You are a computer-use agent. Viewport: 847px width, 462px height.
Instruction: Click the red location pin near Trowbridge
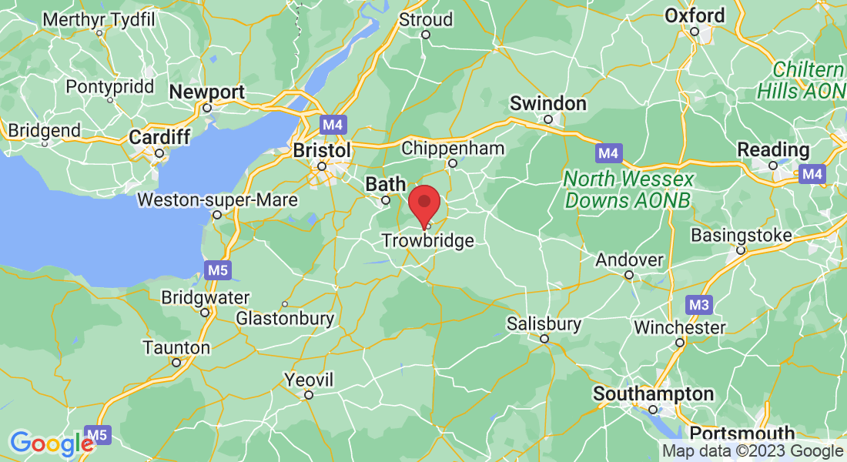coord(423,204)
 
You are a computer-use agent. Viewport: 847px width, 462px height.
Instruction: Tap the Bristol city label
coord(322,150)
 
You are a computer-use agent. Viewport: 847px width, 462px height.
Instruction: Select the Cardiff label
coord(159,137)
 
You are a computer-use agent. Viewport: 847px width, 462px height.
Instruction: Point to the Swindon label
coord(548,103)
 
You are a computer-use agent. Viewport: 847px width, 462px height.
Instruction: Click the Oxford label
coord(695,15)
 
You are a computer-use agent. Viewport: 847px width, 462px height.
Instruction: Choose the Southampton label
coord(653,394)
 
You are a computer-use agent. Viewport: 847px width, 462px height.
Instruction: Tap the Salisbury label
coord(544,323)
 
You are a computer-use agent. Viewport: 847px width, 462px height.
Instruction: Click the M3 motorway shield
coord(698,305)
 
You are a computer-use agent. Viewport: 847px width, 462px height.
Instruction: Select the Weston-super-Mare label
coord(216,200)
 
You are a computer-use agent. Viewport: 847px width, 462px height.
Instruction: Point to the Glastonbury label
coord(285,318)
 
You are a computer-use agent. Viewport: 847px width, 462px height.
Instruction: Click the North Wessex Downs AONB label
coord(628,189)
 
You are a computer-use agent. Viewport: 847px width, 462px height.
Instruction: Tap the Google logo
coord(52,444)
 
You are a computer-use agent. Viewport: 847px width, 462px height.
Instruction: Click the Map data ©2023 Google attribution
coord(752,451)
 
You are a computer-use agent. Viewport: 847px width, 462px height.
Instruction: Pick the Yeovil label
coord(308,380)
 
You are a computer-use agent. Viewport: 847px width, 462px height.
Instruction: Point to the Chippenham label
coord(453,148)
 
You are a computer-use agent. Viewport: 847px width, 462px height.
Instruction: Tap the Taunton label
coord(176,348)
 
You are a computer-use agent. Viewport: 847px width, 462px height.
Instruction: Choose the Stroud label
coord(425,18)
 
